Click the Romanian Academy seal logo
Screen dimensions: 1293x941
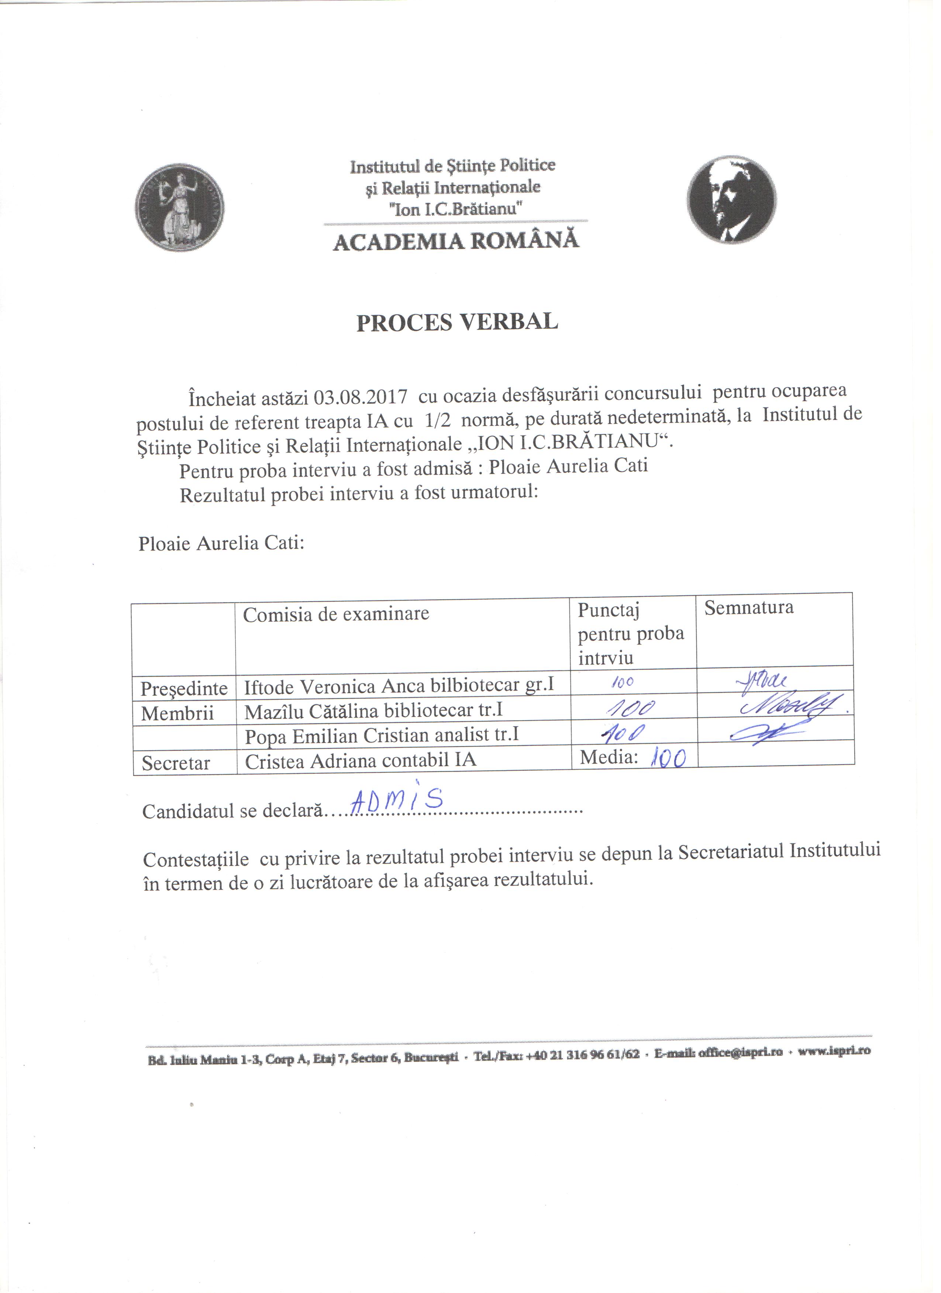point(180,208)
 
